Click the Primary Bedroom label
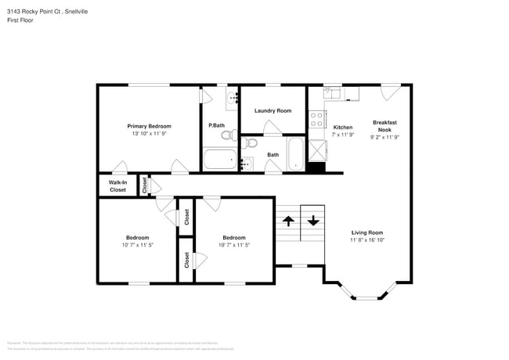[x=149, y=126]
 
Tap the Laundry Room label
[x=273, y=110]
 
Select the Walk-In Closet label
[x=117, y=186]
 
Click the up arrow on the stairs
[x=287, y=220]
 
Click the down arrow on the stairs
[x=313, y=220]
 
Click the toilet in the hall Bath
[x=249, y=143]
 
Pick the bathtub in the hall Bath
[x=295, y=155]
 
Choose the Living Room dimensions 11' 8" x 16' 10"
[x=366, y=240]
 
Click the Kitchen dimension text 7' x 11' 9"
[x=343, y=135]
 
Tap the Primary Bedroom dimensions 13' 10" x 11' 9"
[x=149, y=134]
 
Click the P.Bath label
[x=216, y=126]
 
